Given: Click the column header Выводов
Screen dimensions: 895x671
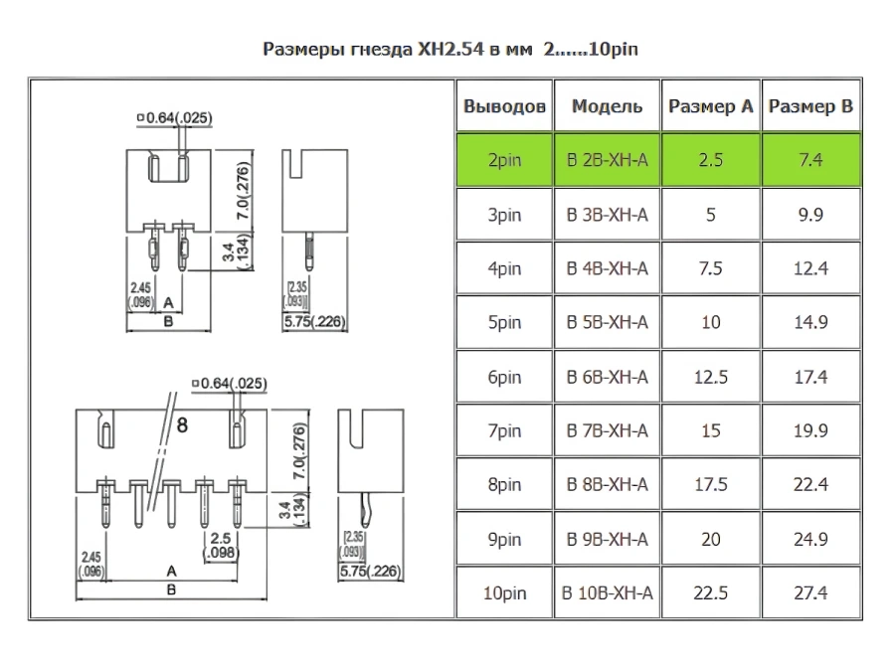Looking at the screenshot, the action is tap(504, 106).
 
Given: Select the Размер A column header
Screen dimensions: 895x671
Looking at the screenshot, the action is tap(711, 106).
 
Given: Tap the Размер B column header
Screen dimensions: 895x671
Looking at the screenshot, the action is tap(810, 106).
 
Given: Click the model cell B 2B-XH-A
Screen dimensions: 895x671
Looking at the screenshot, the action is tap(607, 160).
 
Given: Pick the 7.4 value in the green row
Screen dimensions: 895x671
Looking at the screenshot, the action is tap(810, 160).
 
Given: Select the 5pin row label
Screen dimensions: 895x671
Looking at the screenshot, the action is tap(504, 322).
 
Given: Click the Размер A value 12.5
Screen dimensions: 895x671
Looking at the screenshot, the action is tap(711, 377).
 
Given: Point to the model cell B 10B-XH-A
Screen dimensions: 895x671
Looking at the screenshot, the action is tap(607, 593).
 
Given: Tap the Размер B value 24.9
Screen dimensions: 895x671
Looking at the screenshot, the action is tap(810, 539).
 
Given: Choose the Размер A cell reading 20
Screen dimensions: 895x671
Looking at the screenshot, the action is tap(711, 539).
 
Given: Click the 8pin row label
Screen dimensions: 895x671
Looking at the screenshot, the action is tap(504, 485).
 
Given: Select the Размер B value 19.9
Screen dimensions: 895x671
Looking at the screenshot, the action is tap(810, 430).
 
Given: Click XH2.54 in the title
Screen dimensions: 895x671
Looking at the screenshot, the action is tap(451, 49).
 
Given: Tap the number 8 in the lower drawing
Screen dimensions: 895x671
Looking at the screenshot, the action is tap(182, 425).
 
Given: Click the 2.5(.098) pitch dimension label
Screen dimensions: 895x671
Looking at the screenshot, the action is tap(221, 546).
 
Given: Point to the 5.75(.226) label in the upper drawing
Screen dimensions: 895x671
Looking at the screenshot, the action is tap(314, 322).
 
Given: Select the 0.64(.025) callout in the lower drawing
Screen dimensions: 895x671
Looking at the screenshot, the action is tap(230, 383).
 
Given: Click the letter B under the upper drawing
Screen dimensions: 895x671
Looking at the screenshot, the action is tap(168, 322).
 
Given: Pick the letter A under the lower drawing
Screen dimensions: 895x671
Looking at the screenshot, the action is tap(171, 571).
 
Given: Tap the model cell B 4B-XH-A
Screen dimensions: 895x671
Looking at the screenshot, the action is tap(607, 268).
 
